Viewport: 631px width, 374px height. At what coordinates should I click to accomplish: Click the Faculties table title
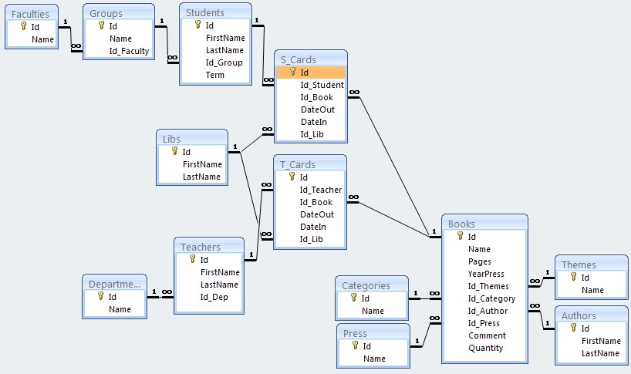coord(31,13)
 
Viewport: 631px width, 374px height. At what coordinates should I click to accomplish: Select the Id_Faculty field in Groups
coord(129,51)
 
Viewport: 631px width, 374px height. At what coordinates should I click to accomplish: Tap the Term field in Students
coord(215,76)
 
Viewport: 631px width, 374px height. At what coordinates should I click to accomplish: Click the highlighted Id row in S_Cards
coord(305,72)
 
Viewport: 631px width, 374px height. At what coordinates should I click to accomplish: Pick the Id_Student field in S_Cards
coord(322,85)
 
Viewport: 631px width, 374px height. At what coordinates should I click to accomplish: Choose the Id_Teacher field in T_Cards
coord(320,190)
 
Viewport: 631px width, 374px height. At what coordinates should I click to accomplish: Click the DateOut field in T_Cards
coord(316,214)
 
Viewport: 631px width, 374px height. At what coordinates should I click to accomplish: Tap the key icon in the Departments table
coord(100,296)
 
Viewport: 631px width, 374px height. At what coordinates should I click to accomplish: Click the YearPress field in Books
coord(486,274)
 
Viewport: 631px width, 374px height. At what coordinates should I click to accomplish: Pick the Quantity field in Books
coord(485,348)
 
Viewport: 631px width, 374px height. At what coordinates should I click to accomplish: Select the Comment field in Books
coord(487,335)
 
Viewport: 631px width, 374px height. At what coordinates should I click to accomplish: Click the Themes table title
coord(579,264)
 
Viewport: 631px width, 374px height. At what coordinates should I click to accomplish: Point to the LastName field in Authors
coord(601,353)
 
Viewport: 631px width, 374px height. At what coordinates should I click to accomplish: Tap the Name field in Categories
coord(373,311)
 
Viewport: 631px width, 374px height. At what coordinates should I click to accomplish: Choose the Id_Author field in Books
coord(488,311)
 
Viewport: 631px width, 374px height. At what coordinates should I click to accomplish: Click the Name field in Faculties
coord(42,39)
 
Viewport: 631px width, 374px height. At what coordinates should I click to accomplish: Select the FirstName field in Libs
coord(202,164)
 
